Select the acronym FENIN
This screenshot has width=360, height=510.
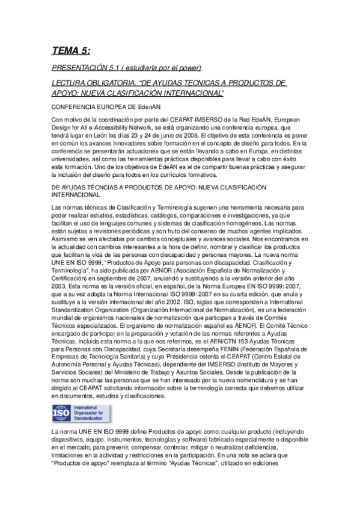coord(211,348)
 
